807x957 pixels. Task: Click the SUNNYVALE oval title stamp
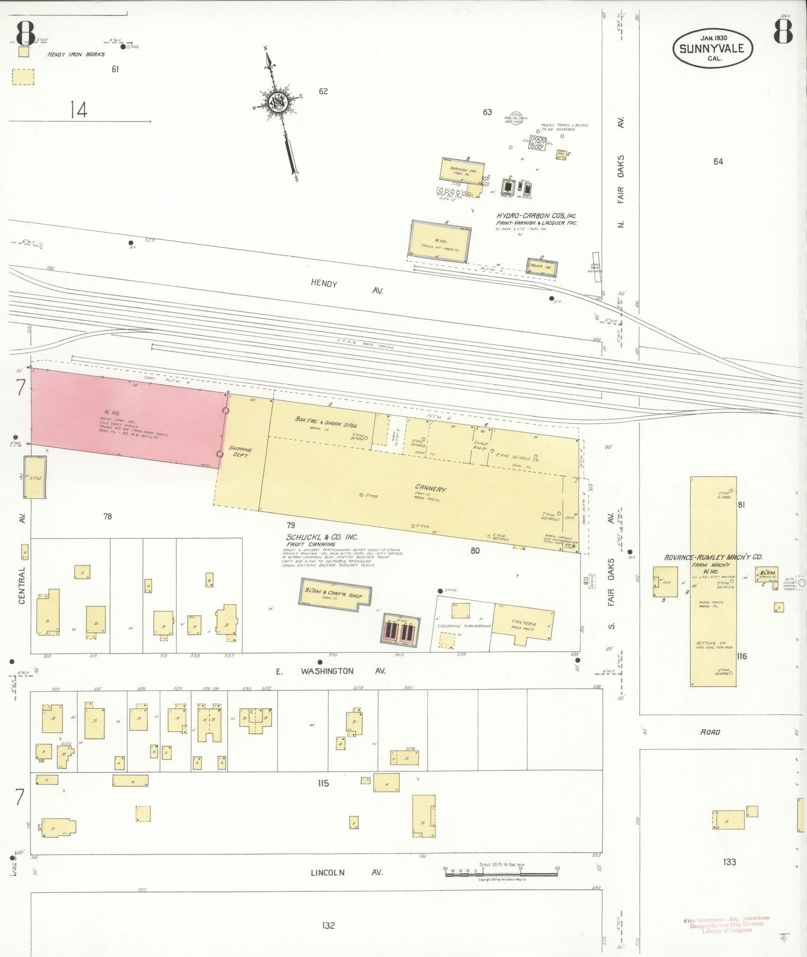(x=712, y=48)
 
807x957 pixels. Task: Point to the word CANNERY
(x=430, y=489)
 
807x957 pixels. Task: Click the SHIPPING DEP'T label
(x=240, y=452)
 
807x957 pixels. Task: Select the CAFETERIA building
(x=523, y=623)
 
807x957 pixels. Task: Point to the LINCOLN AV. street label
(x=346, y=872)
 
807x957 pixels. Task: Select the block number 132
(x=328, y=925)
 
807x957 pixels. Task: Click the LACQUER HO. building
(x=541, y=266)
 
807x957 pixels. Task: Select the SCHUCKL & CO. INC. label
(x=322, y=537)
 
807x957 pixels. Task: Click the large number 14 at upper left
(x=79, y=110)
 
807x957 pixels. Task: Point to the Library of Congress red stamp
(x=726, y=924)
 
